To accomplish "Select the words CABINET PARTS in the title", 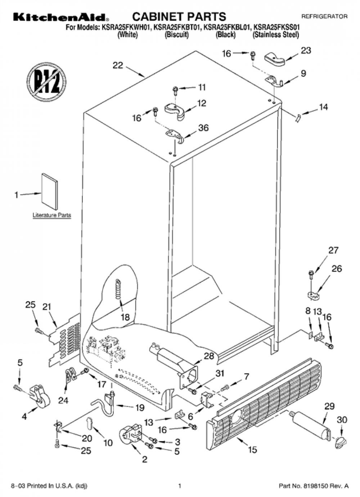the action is click(x=179, y=17).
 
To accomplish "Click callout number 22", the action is click(x=118, y=65).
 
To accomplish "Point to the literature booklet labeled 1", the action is click(x=49, y=191).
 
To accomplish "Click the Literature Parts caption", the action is click(x=52, y=215).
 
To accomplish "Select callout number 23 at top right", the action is click(x=306, y=51).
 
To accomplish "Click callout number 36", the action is click(x=203, y=128).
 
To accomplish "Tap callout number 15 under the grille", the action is click(x=253, y=449).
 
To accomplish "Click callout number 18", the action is click(x=125, y=317).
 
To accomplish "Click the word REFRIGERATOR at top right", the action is click(x=324, y=16).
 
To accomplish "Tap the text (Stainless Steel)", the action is click(x=276, y=35).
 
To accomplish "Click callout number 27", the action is click(x=333, y=250).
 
